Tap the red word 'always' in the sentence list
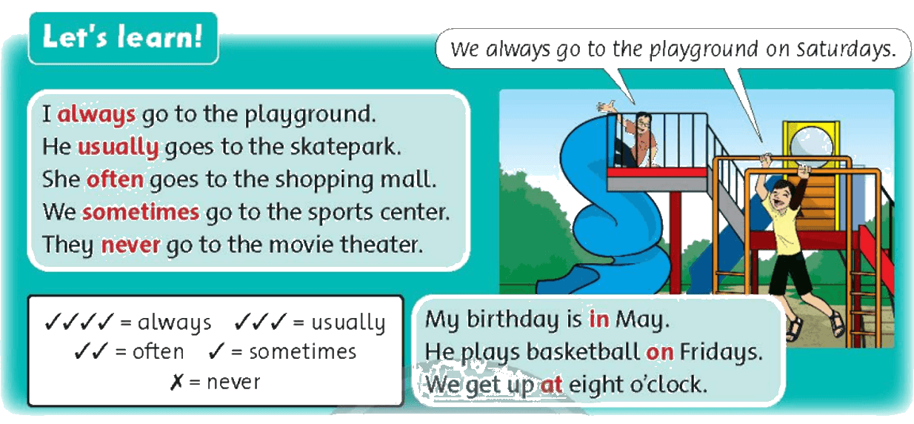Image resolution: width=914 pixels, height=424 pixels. [x=96, y=114]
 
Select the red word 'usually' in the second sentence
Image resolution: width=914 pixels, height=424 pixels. [x=119, y=147]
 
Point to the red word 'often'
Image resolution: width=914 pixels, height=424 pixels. [x=115, y=179]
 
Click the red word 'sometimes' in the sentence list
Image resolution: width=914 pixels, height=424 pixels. [x=141, y=212]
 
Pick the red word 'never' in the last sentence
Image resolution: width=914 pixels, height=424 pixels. [x=130, y=245]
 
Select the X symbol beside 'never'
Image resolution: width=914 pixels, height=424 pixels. [x=177, y=382]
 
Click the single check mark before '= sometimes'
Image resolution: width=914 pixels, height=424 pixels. [x=217, y=351]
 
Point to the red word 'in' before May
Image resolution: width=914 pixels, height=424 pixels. [x=599, y=319]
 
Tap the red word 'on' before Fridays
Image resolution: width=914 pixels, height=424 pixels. [x=659, y=352]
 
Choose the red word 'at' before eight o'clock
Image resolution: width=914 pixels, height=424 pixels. [x=552, y=385]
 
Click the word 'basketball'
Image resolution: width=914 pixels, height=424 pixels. [x=583, y=351]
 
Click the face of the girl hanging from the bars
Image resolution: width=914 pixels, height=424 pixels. [x=781, y=197]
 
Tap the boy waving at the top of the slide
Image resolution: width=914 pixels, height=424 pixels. [x=636, y=137]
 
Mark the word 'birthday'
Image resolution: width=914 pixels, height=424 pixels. [x=524, y=319]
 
